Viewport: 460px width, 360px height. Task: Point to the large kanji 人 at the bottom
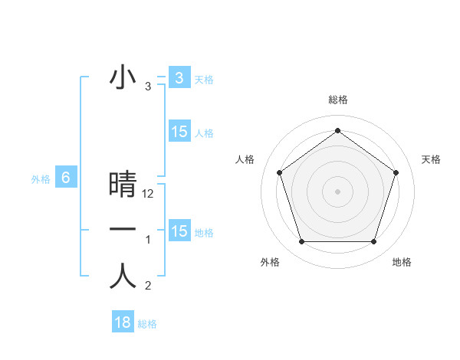click(123, 277)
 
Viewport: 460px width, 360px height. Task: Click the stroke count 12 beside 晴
click(148, 194)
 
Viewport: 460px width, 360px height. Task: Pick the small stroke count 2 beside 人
click(148, 286)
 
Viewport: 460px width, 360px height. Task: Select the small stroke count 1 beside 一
click(148, 240)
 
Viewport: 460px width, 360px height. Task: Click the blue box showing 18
click(123, 322)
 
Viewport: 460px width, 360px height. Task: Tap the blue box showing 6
click(66, 178)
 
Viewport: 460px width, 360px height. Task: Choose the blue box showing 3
click(179, 77)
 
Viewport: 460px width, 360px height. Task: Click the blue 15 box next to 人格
click(179, 132)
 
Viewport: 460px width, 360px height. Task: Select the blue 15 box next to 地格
click(179, 231)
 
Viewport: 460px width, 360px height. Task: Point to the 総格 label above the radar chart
click(337, 100)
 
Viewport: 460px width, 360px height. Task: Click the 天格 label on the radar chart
click(431, 159)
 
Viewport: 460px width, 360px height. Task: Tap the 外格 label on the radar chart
click(270, 262)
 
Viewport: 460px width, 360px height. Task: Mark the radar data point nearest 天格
click(396, 172)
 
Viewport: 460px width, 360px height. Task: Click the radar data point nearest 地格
click(373, 242)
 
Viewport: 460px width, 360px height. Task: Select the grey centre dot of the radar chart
click(337, 191)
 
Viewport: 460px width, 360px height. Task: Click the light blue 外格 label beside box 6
click(41, 179)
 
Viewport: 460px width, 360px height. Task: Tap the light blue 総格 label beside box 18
click(147, 324)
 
